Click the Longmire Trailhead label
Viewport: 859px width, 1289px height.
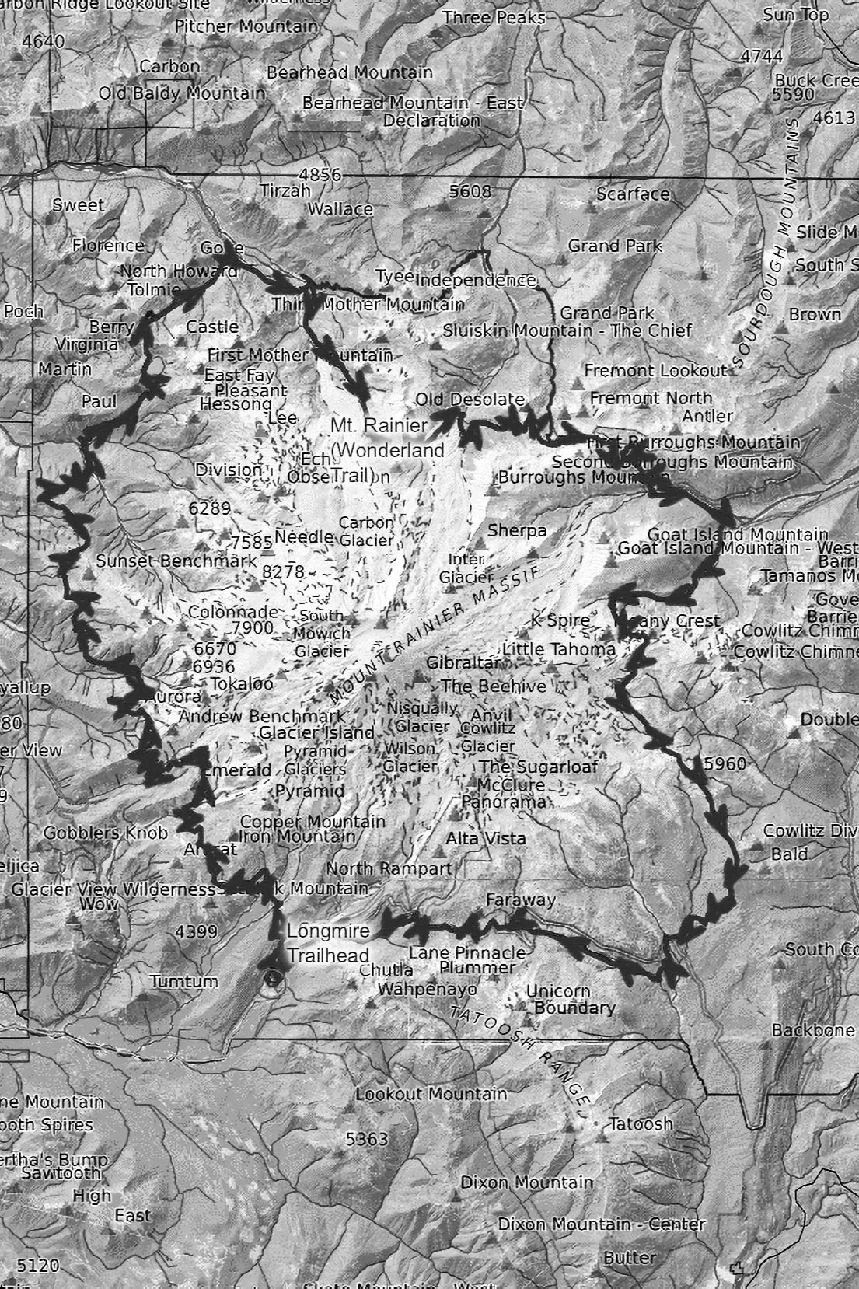click(327, 943)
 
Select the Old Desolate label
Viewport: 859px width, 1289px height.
click(470, 400)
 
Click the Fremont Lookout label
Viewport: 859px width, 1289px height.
click(655, 371)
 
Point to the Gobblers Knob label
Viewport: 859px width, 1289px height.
click(105, 833)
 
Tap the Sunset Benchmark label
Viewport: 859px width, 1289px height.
click(176, 561)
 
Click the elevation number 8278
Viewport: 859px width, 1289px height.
click(283, 571)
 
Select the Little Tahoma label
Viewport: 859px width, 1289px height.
click(559, 648)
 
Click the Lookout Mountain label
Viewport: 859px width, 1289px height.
click(431, 1094)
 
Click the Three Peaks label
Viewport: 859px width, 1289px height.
click(494, 17)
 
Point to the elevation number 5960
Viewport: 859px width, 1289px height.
click(724, 763)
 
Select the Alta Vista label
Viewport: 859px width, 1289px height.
click(485, 838)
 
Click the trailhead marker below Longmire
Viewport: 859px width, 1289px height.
click(271, 978)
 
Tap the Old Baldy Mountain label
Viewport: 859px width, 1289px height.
click(181, 93)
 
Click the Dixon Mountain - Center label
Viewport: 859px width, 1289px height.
click(602, 1224)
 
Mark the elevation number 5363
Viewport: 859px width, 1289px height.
click(366, 1139)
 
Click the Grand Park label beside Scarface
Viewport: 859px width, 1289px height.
click(614, 246)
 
